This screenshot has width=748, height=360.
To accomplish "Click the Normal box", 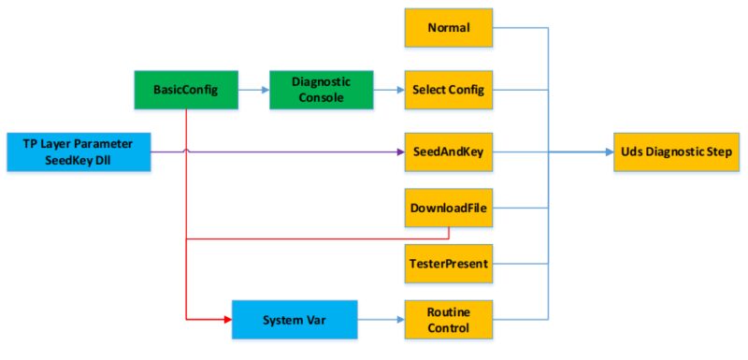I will coord(448,27).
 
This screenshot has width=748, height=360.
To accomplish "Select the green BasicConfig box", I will coord(187,90).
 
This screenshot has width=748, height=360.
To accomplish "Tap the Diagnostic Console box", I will coord(321,90).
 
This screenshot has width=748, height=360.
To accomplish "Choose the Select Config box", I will coord(448,90).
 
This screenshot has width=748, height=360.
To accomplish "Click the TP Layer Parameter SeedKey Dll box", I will coord(78,151).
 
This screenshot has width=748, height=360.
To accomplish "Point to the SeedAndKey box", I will coord(448,151).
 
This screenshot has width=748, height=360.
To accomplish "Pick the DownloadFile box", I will coord(448,208).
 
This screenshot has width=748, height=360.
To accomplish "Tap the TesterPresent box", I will coord(448,264).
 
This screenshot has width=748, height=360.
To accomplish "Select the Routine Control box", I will coord(448,320).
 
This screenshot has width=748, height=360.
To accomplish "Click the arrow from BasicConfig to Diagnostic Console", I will coord(252,90).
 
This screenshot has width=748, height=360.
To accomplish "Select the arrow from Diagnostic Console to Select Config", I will coord(388,90).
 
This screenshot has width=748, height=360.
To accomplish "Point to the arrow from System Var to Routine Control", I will coord(381,320).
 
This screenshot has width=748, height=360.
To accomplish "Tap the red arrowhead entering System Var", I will coord(227,320).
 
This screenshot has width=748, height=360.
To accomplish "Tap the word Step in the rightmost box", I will coord(720,151).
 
